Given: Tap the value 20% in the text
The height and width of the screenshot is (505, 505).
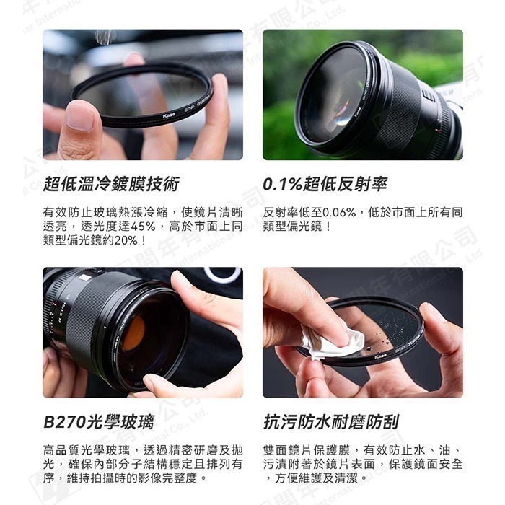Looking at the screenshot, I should tap(126, 240).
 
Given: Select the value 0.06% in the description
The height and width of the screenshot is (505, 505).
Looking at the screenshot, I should tap(343, 213).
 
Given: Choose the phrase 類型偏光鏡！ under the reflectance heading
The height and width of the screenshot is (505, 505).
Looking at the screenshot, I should tap(298, 227).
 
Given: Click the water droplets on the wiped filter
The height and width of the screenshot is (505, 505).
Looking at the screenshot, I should tap(393, 328).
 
